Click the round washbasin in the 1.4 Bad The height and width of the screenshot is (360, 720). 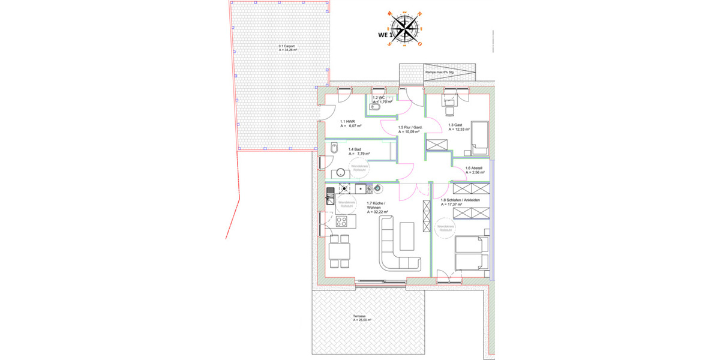point(341,173)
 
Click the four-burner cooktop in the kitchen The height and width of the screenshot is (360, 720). point(343,221)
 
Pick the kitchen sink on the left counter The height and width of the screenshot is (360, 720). point(330,196)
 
